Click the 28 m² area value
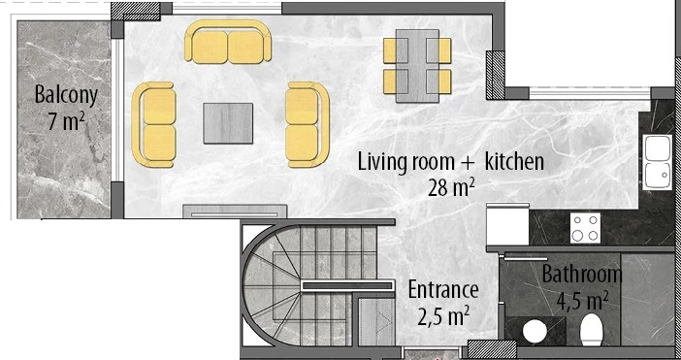(x=450, y=186)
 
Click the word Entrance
(x=443, y=289)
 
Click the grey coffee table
(x=228, y=123)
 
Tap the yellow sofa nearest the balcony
(x=154, y=123)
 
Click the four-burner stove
(x=585, y=227)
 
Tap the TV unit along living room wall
(x=234, y=210)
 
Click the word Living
(x=382, y=161)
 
